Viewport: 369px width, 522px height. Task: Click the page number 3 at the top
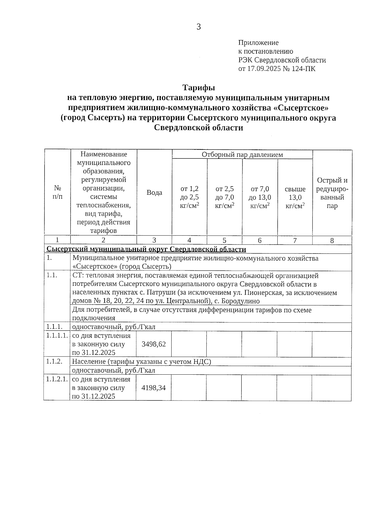tap(199, 27)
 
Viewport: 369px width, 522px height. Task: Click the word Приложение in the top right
tap(258, 43)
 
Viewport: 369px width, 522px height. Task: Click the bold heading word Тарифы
tap(199, 88)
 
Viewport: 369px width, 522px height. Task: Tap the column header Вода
tap(154, 193)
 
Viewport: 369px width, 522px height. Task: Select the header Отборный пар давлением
tap(242, 154)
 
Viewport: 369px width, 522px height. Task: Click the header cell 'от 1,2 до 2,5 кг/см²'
tap(189, 197)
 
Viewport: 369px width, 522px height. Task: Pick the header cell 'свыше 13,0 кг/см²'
tap(295, 197)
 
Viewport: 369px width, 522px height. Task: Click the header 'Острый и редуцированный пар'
tap(332, 193)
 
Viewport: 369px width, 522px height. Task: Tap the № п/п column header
tap(58, 192)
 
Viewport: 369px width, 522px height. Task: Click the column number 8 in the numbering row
tap(332, 241)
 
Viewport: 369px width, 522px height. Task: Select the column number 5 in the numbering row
tap(224, 241)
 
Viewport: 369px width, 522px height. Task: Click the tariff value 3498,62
tap(153, 344)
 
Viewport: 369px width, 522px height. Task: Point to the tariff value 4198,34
tap(153, 388)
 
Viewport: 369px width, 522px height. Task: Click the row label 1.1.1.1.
tap(57, 335)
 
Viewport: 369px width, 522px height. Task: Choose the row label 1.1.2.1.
tap(57, 379)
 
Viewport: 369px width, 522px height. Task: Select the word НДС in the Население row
tap(201, 362)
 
